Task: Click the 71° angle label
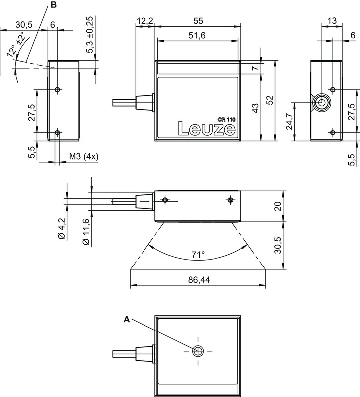point(198,255)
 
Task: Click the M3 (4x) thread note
point(84,157)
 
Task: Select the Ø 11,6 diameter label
point(86,231)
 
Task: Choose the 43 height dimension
point(255,108)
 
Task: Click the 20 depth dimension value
point(278,206)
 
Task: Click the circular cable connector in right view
point(321,103)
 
